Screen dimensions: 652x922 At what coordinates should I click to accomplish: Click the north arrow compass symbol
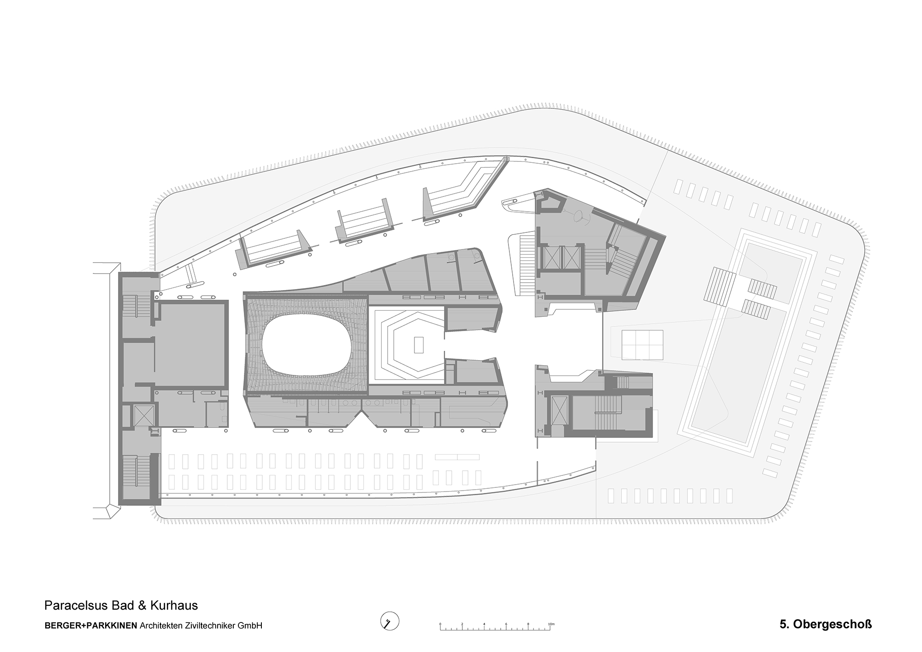[x=390, y=622]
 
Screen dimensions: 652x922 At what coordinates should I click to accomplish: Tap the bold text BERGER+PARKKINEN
[x=91, y=626]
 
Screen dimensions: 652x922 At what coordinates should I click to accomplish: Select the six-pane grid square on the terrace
[x=642, y=344]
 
